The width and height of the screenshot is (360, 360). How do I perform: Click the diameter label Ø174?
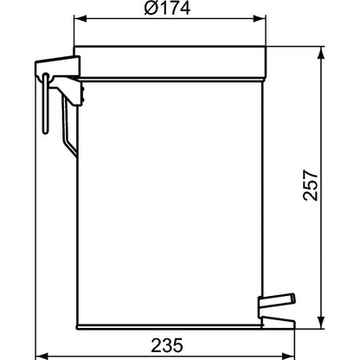(167, 8)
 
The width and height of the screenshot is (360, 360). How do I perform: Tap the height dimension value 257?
(311, 185)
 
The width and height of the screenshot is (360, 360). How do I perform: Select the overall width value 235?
(167, 345)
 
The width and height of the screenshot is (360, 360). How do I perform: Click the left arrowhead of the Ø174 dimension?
(80, 19)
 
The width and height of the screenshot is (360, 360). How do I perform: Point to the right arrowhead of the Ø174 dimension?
(260, 19)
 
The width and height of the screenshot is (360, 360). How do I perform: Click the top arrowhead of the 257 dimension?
(321, 53)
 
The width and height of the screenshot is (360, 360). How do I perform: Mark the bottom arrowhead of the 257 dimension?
(321, 322)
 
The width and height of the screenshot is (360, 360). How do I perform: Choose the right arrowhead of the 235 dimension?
(288, 356)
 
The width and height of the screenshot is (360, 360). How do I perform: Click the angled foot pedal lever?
(277, 301)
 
